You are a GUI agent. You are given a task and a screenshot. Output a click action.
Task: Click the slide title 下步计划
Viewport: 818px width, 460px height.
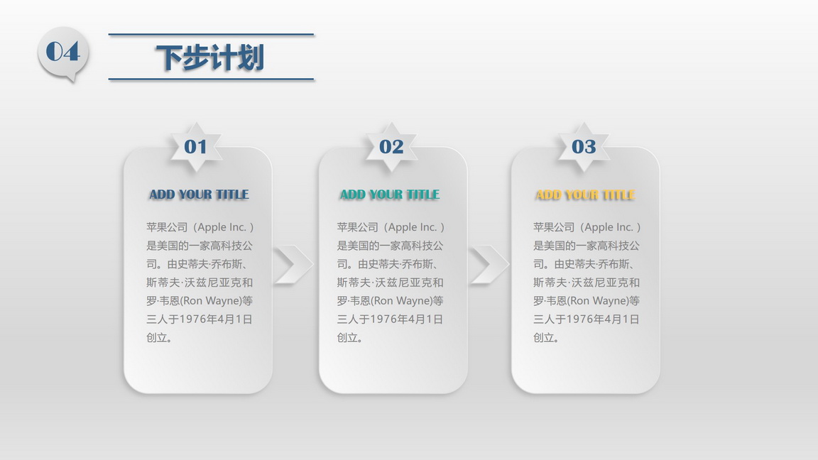[x=210, y=57]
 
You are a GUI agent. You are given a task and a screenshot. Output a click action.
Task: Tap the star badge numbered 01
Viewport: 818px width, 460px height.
[x=196, y=147]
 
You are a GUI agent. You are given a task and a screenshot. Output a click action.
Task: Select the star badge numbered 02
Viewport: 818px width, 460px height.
[x=391, y=147]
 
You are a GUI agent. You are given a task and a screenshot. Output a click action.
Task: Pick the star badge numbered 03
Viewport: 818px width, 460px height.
[x=584, y=147]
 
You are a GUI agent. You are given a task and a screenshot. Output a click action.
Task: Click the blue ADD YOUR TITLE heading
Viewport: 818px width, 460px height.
[x=200, y=195]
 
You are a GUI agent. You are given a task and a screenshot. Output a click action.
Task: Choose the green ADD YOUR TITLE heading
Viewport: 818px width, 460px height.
[x=390, y=195]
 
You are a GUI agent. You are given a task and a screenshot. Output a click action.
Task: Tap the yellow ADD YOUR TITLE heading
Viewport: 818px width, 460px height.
[x=585, y=195]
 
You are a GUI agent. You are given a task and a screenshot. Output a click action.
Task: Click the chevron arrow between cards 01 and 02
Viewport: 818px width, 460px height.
[x=293, y=264]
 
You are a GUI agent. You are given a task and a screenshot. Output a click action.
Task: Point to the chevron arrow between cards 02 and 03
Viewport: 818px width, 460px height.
[x=489, y=264]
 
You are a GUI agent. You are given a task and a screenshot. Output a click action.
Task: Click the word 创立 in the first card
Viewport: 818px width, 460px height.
[x=156, y=337]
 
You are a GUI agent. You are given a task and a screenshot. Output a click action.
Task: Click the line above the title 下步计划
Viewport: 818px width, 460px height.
[x=212, y=34]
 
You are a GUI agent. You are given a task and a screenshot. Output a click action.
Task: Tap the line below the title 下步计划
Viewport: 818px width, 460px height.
[x=212, y=80]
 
